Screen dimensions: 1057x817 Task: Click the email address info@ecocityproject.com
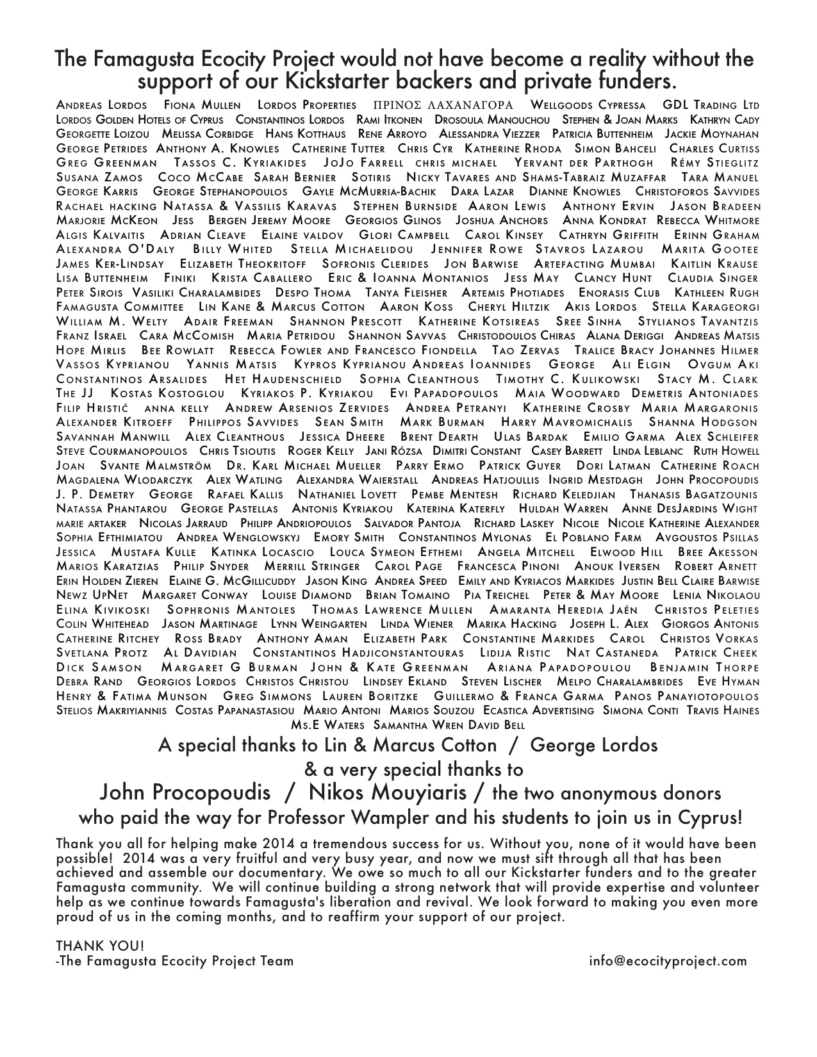[x=668, y=961]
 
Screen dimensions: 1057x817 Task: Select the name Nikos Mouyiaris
[x=388, y=793]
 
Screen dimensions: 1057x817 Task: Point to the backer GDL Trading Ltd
[x=711, y=105]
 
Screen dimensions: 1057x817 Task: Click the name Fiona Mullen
[x=202, y=105]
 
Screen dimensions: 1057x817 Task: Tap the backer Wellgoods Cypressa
[x=588, y=105]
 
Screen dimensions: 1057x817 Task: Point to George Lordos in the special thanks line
[x=594, y=746]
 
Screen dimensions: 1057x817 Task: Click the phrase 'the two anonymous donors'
[x=606, y=794]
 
